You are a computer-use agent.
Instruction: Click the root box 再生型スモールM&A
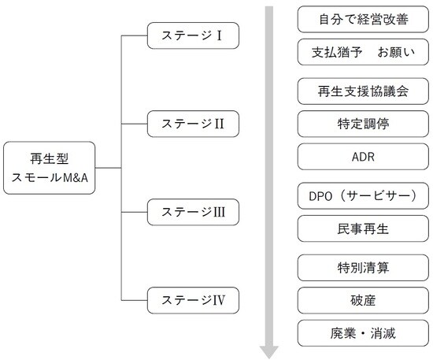50,168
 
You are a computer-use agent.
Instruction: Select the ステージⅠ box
192,35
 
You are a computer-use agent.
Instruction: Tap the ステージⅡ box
192,124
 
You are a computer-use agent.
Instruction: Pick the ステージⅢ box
192,212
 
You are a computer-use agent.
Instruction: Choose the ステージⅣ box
192,300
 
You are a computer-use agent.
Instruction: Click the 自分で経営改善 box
358,18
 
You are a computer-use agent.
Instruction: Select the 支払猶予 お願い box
358,53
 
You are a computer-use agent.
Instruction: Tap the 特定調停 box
358,123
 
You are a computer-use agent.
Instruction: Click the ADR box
358,157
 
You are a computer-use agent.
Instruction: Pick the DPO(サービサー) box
358,195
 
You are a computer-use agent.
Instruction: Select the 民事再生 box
358,228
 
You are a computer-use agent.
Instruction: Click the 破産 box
358,299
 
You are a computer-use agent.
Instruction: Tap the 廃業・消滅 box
358,332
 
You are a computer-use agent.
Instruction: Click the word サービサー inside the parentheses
375,195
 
